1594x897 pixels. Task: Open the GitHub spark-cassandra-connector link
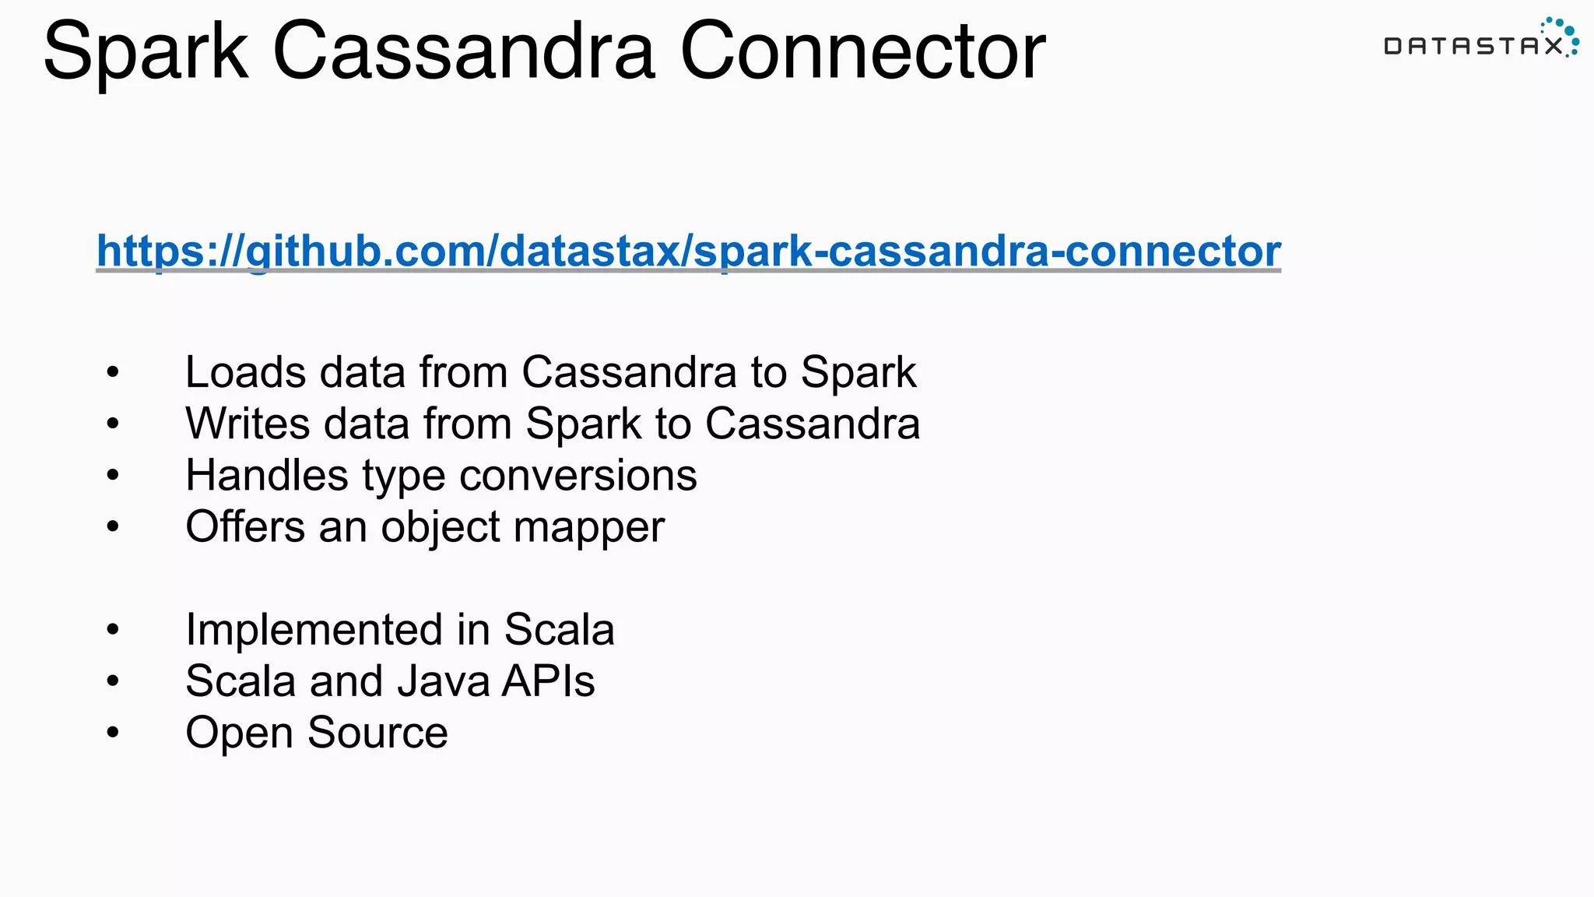point(688,251)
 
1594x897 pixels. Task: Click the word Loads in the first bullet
point(245,372)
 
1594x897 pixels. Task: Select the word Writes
point(248,424)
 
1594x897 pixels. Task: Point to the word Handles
point(266,476)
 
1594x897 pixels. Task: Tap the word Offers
point(245,527)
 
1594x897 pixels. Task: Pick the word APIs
point(549,681)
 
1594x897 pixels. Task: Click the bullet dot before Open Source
point(114,733)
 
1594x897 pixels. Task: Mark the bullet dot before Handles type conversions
point(114,475)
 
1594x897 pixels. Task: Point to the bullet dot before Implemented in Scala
point(114,629)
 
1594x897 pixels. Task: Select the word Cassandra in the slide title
point(464,51)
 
